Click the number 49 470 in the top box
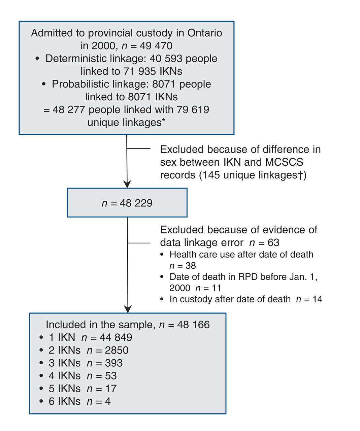click(156, 45)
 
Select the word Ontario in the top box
click(204, 33)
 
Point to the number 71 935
click(140, 71)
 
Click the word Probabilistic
click(80, 84)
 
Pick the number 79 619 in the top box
click(193, 109)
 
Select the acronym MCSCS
click(284, 162)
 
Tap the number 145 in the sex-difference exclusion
click(211, 175)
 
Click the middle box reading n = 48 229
click(127, 202)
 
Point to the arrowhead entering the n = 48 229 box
click(127, 184)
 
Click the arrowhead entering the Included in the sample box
click(128, 309)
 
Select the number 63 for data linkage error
click(273, 242)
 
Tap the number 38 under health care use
click(191, 266)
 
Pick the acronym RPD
click(248, 277)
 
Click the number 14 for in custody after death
click(317, 299)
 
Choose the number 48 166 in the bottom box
click(193, 325)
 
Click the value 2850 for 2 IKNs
click(117, 350)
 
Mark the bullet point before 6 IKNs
click(41, 401)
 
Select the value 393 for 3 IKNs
click(114, 363)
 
